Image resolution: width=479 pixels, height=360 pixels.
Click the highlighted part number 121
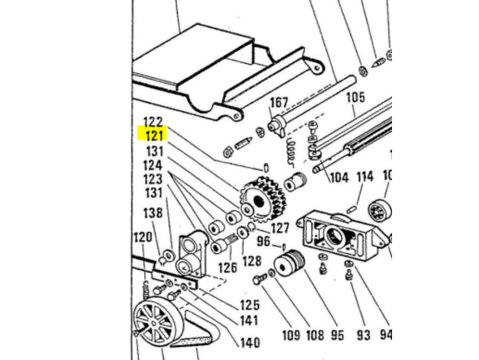coord(156,136)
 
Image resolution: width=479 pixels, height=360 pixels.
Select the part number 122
coord(153,122)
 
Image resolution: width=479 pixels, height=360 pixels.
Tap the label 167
coord(279,102)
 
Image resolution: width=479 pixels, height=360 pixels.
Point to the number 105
coord(355,98)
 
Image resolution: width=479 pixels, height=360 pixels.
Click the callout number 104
coord(339,177)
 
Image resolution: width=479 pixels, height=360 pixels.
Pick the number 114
coord(365,176)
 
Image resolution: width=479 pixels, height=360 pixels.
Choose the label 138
coord(153,213)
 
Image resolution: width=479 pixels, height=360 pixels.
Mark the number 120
coord(143,237)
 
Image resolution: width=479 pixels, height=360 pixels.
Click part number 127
coord(280,228)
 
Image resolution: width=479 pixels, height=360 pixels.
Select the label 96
coord(263,241)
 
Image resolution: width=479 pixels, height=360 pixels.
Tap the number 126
coord(227,268)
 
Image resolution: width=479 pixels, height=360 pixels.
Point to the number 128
coord(252,261)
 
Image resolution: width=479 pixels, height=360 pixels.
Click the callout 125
coord(249,305)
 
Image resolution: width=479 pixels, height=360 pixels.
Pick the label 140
coord(250,342)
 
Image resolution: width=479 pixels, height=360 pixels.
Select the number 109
coord(291,336)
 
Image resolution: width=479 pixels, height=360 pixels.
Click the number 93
coord(364,336)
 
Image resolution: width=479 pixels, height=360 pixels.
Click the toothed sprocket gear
coord(263,200)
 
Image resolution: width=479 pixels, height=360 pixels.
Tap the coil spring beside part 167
coord(291,152)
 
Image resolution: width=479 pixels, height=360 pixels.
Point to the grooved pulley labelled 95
coord(289,264)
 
